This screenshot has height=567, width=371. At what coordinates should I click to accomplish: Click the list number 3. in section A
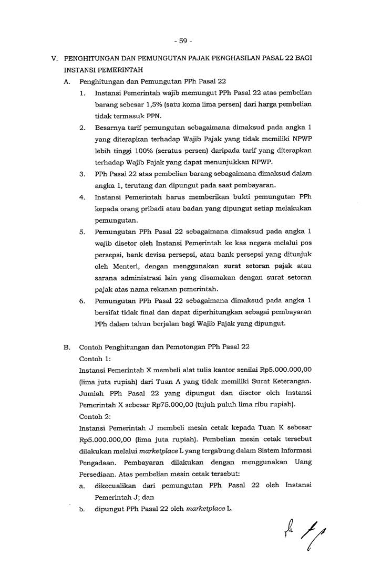click(83, 174)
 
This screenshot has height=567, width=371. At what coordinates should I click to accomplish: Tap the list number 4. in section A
click(83, 197)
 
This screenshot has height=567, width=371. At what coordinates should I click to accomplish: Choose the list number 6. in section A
click(83, 301)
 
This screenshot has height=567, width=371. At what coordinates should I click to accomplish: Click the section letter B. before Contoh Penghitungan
click(67, 347)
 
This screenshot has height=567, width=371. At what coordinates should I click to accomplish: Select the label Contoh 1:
click(93, 359)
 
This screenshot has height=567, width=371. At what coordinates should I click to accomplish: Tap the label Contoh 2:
click(93, 415)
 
